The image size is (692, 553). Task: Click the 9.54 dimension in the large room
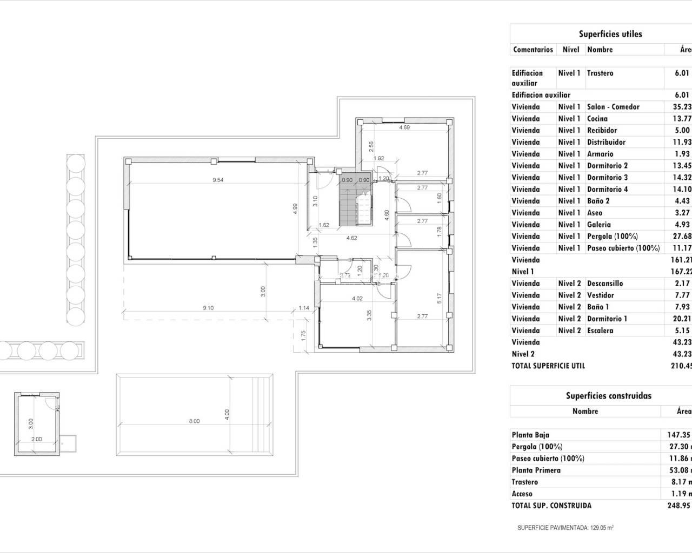(218, 180)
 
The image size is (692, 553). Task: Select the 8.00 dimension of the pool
(194, 421)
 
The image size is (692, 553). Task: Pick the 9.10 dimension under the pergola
(208, 308)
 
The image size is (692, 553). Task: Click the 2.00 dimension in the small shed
(36, 439)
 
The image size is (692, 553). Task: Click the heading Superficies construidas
(608, 395)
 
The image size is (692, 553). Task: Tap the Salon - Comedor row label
(613, 107)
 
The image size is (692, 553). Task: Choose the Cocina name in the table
(597, 119)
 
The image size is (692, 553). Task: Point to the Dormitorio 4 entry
(607, 189)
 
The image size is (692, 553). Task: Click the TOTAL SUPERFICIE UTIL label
(548, 366)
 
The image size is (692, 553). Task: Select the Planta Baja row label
(530, 435)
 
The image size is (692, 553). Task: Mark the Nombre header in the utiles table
(600, 49)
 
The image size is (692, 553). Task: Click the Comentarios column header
(533, 49)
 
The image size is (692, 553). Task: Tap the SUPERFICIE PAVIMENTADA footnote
(565, 528)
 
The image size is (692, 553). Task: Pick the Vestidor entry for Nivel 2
(600, 295)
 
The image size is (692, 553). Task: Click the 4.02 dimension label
(357, 298)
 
